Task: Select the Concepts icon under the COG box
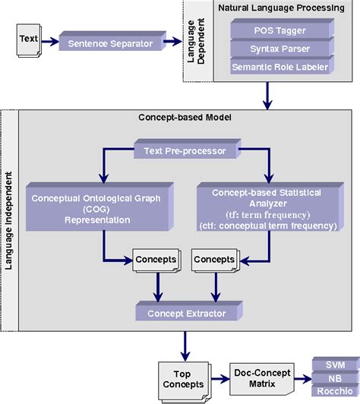point(155,260)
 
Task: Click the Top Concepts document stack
point(182,377)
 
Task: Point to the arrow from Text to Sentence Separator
point(49,39)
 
